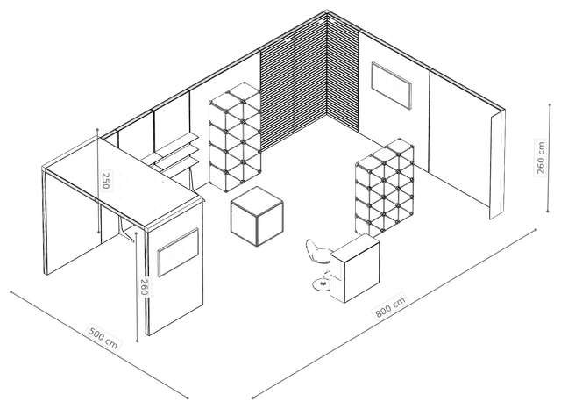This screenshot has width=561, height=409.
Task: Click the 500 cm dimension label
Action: click(x=103, y=338)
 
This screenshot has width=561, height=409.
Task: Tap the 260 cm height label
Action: click(x=541, y=158)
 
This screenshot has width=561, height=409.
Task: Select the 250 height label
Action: click(x=106, y=181)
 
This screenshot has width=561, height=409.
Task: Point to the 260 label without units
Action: click(x=144, y=286)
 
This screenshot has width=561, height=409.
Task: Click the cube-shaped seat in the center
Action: click(x=257, y=216)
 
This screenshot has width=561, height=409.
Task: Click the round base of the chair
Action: click(x=321, y=285)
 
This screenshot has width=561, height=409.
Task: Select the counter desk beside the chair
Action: click(x=354, y=268)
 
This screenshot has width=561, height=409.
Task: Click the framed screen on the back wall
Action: click(x=391, y=85)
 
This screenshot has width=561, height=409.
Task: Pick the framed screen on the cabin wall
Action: click(x=178, y=252)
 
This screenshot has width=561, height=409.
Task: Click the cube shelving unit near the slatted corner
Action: click(x=235, y=137)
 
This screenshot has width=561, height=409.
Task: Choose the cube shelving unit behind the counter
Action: click(x=385, y=187)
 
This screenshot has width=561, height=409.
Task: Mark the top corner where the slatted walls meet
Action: click(x=327, y=13)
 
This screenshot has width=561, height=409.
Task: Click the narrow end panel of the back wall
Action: click(x=497, y=164)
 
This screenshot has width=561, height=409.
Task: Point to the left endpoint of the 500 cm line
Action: click(x=11, y=292)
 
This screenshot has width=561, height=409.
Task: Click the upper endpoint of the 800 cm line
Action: click(x=536, y=230)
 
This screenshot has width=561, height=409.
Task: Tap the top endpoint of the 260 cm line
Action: click(x=550, y=105)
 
